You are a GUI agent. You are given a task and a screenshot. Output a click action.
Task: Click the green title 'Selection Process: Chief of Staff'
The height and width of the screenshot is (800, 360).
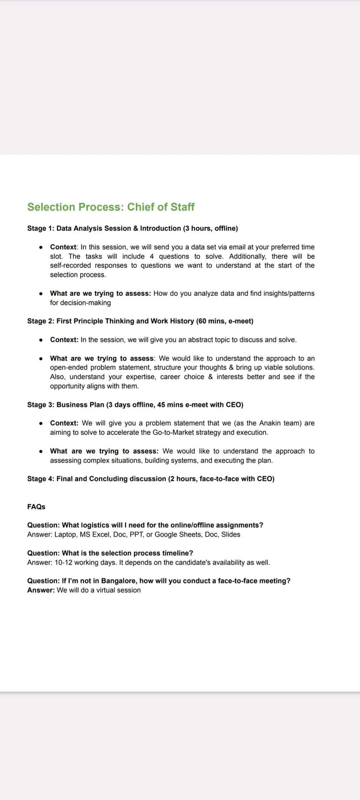pos(111,207)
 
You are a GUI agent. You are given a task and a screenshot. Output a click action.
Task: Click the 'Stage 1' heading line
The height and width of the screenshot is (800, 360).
pos(132,228)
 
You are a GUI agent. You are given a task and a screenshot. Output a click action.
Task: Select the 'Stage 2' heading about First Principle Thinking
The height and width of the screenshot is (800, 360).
pos(140,321)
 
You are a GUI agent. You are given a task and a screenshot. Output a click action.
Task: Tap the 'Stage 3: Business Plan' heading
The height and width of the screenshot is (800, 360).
pos(135,405)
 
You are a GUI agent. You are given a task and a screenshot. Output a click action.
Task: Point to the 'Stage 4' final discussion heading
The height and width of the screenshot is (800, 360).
pos(150,479)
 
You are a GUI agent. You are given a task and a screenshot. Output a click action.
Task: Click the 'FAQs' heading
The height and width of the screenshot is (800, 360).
pos(36,507)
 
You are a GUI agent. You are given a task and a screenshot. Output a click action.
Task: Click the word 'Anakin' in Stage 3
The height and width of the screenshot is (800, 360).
pos(270,423)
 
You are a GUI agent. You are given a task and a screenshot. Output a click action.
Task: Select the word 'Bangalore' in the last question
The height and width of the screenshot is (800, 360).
pos(118,581)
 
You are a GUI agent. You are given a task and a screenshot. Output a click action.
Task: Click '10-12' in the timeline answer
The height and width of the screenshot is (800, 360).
pos(64,563)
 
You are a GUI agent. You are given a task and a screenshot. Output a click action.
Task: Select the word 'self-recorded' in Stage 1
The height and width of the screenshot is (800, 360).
pos(70,266)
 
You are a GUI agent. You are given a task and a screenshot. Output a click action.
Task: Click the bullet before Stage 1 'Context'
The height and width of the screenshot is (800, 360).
pos(40,247)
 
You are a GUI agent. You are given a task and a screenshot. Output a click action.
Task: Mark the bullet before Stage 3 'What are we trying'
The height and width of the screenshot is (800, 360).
pos(40,451)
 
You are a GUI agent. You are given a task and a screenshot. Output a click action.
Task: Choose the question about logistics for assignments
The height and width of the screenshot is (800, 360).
pos(145,525)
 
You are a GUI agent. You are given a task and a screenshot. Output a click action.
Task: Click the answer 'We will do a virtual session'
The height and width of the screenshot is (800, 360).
pos(99,590)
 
